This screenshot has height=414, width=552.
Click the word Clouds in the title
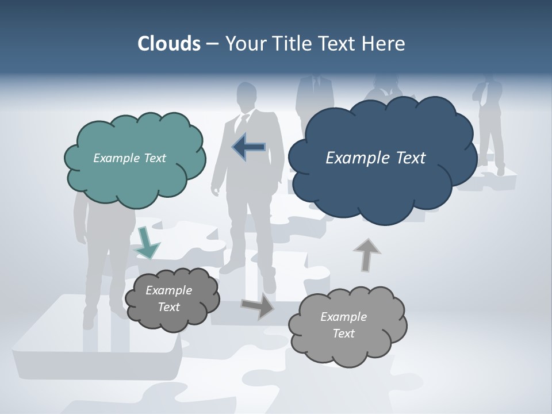(169, 44)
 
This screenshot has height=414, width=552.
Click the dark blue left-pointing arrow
(249, 147)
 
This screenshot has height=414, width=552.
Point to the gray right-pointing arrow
(258, 306)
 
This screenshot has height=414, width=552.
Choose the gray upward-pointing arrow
(366, 254)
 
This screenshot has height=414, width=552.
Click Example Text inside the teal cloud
(129, 158)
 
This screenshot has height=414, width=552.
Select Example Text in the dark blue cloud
(375, 158)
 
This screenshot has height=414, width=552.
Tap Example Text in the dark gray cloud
(168, 298)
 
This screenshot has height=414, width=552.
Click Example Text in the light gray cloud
(343, 325)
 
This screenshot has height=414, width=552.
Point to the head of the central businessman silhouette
(247, 94)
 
